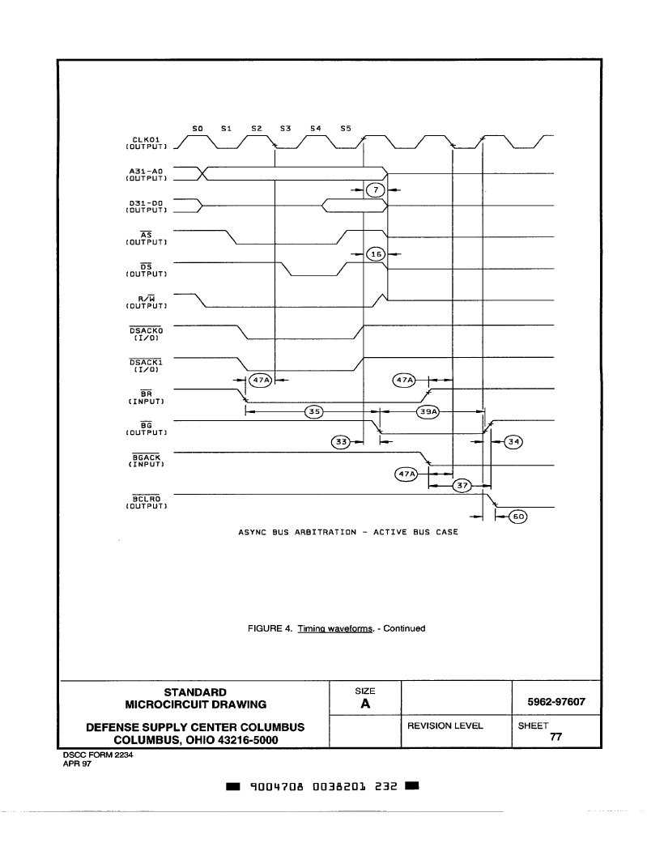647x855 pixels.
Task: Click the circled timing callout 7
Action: [x=376, y=189]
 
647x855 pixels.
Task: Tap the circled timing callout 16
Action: [x=376, y=254]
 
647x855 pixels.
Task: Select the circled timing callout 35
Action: [x=313, y=411]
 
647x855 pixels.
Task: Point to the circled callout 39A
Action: [x=428, y=411]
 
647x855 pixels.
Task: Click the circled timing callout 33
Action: [x=342, y=442]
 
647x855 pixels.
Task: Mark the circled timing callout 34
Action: [x=513, y=442]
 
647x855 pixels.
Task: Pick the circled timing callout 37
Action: [x=462, y=485]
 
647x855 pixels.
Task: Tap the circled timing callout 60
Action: [x=517, y=517]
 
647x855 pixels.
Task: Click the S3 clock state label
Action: [x=285, y=129]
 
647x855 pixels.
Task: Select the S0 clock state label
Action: [x=198, y=129]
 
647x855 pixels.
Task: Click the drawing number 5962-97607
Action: [x=555, y=702]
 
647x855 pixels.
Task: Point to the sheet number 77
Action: [x=555, y=737]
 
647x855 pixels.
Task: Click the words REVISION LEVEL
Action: [x=445, y=725]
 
